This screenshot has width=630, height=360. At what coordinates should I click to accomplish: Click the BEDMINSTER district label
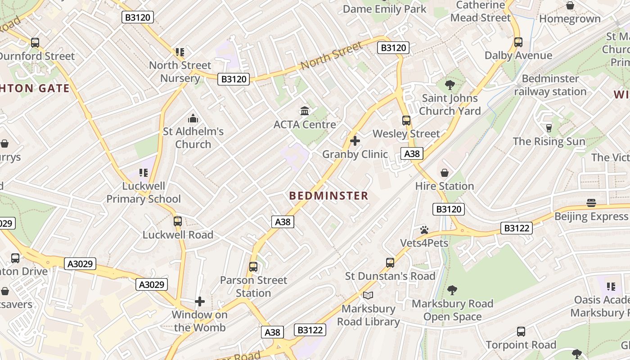328,196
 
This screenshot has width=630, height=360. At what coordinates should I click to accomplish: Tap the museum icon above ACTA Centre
305,111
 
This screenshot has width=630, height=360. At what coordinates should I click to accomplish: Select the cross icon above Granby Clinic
355,141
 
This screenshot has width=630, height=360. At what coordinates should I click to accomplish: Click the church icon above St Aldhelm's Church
193,118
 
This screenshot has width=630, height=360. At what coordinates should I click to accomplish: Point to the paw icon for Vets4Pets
424,230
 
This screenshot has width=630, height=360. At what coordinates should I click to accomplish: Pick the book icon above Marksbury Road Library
368,295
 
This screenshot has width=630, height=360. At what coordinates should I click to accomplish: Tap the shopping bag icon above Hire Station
445,173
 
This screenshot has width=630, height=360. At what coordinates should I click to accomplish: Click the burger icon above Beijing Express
591,203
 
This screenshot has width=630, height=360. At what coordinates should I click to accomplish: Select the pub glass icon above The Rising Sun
549,128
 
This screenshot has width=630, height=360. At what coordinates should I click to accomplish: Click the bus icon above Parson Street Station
253,267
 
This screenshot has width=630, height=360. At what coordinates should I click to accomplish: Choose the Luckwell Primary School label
144,193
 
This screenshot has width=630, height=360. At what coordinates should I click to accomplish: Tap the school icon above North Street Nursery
180,52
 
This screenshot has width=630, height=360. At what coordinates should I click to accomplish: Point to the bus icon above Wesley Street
406,121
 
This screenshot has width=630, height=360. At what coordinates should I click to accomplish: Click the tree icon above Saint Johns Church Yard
450,85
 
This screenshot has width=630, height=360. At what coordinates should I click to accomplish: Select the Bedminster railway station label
550,85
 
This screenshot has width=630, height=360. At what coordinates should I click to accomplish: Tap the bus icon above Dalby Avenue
518,42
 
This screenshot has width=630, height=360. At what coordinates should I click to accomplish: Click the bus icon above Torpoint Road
521,332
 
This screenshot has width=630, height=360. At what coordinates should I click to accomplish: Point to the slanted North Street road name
332,56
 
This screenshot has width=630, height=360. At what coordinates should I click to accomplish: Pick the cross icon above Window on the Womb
200,301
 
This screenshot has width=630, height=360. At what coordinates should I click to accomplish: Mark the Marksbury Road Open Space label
453,310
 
